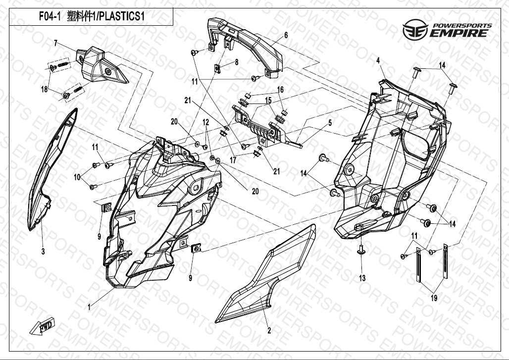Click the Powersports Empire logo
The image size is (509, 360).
click(447, 31)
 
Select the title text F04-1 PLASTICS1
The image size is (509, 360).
click(92, 17)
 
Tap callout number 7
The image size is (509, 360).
click(56, 43)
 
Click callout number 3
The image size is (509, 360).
click(43, 252)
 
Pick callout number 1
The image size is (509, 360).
click(89, 307)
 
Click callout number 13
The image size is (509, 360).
click(362, 278)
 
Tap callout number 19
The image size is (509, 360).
click(434, 298)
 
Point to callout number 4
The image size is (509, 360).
click(378, 60)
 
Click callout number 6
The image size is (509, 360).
click(286, 35)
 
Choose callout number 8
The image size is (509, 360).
click(237, 62)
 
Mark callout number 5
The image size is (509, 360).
click(330, 122)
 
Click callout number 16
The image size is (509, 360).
click(280, 90)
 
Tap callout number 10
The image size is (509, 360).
click(77, 176)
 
